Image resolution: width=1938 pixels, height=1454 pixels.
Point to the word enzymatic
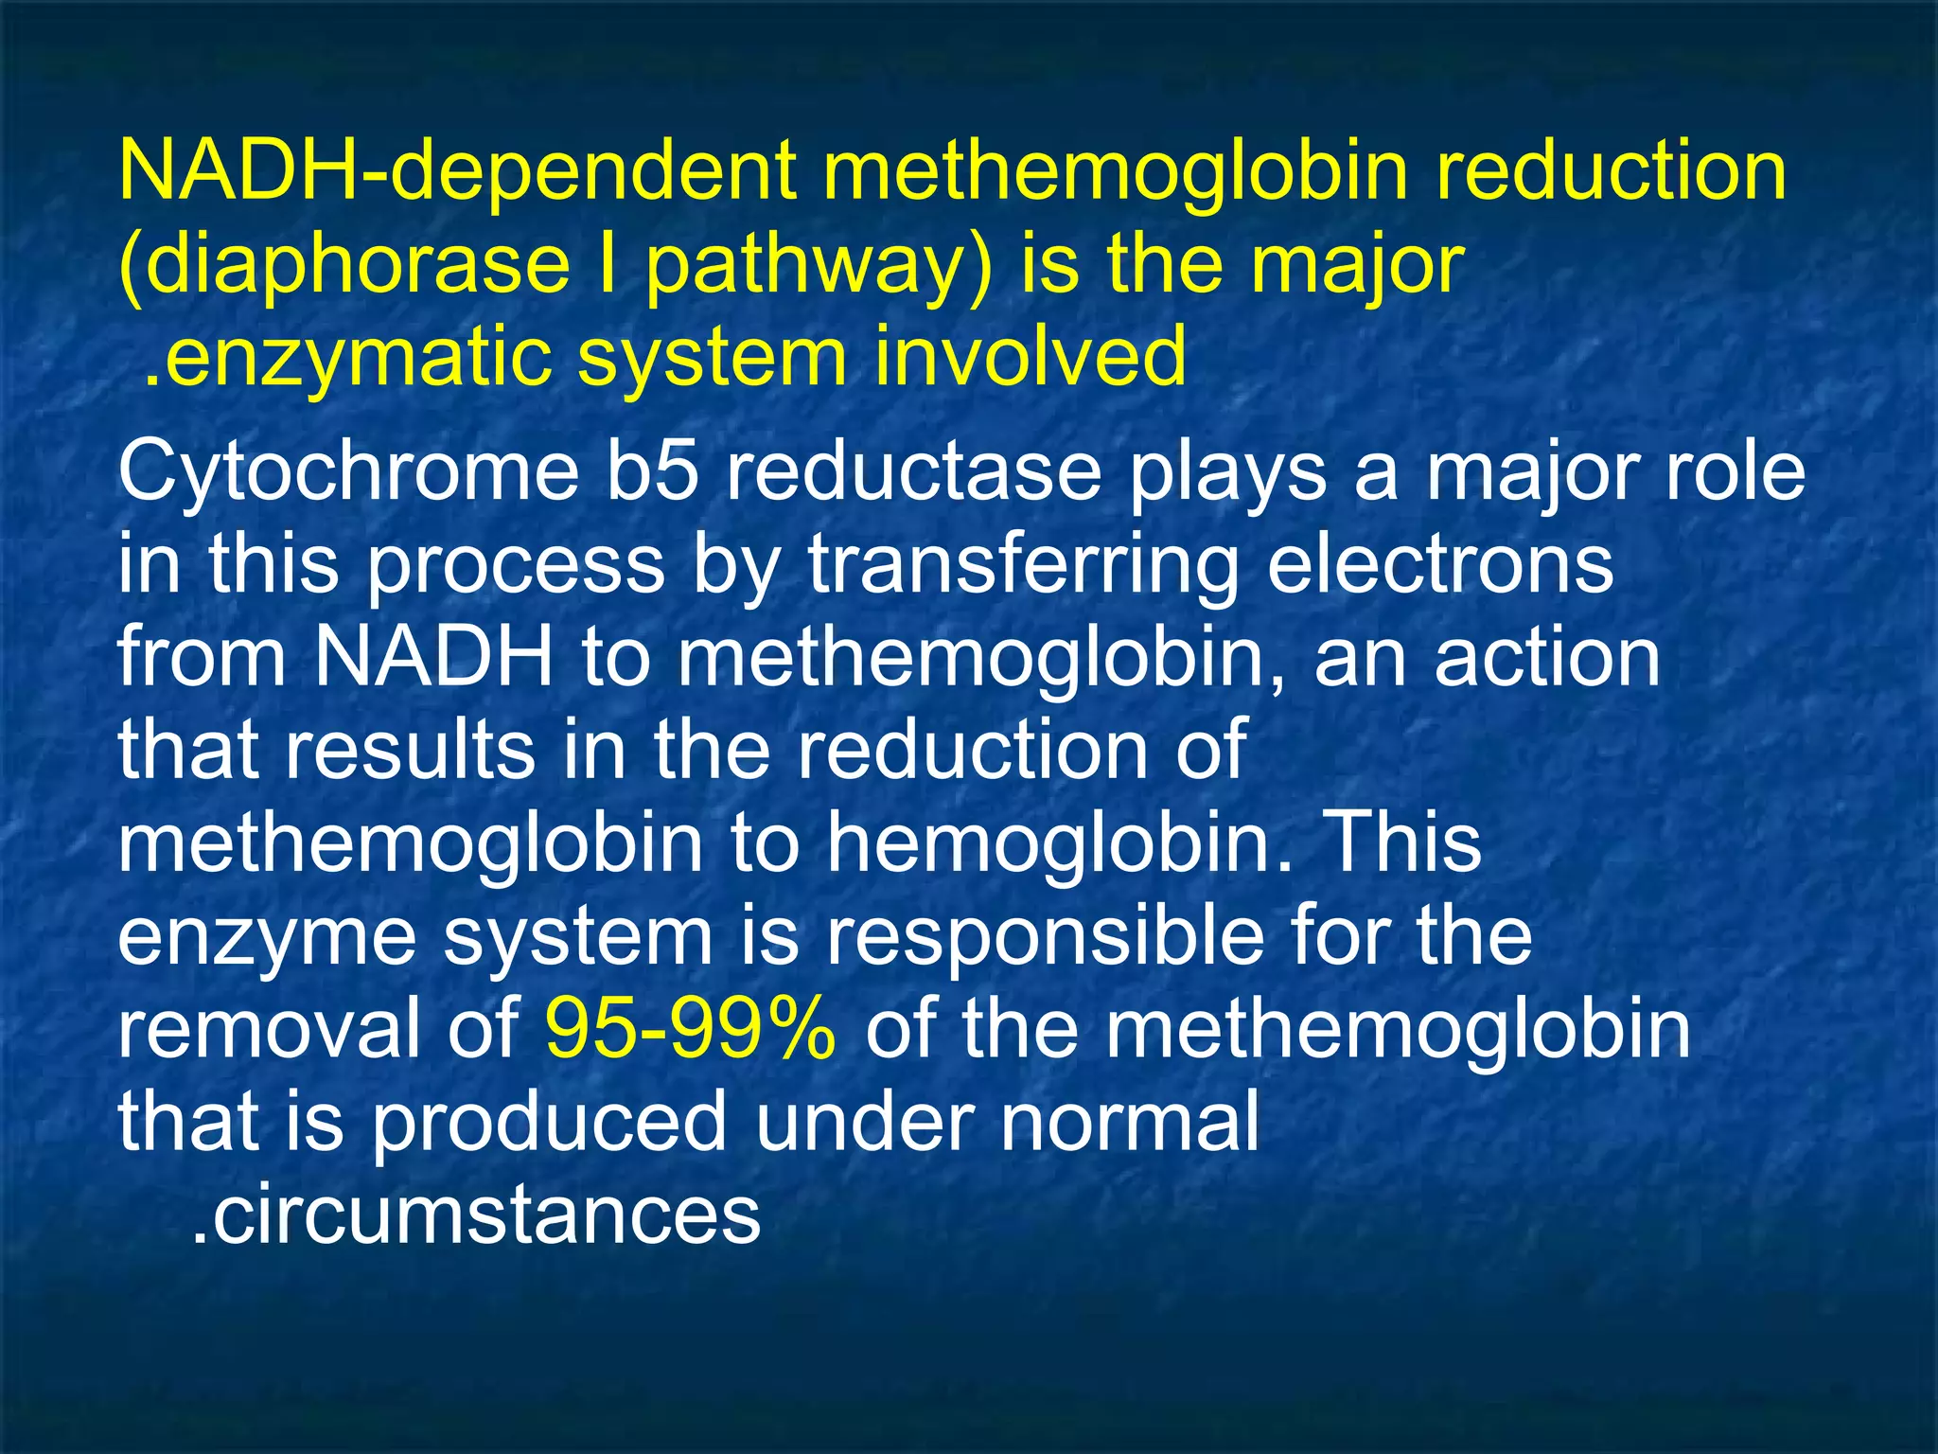click(355, 358)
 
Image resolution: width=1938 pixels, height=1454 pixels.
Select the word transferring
click(1023, 566)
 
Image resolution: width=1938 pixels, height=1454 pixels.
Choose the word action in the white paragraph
click(1547, 659)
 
